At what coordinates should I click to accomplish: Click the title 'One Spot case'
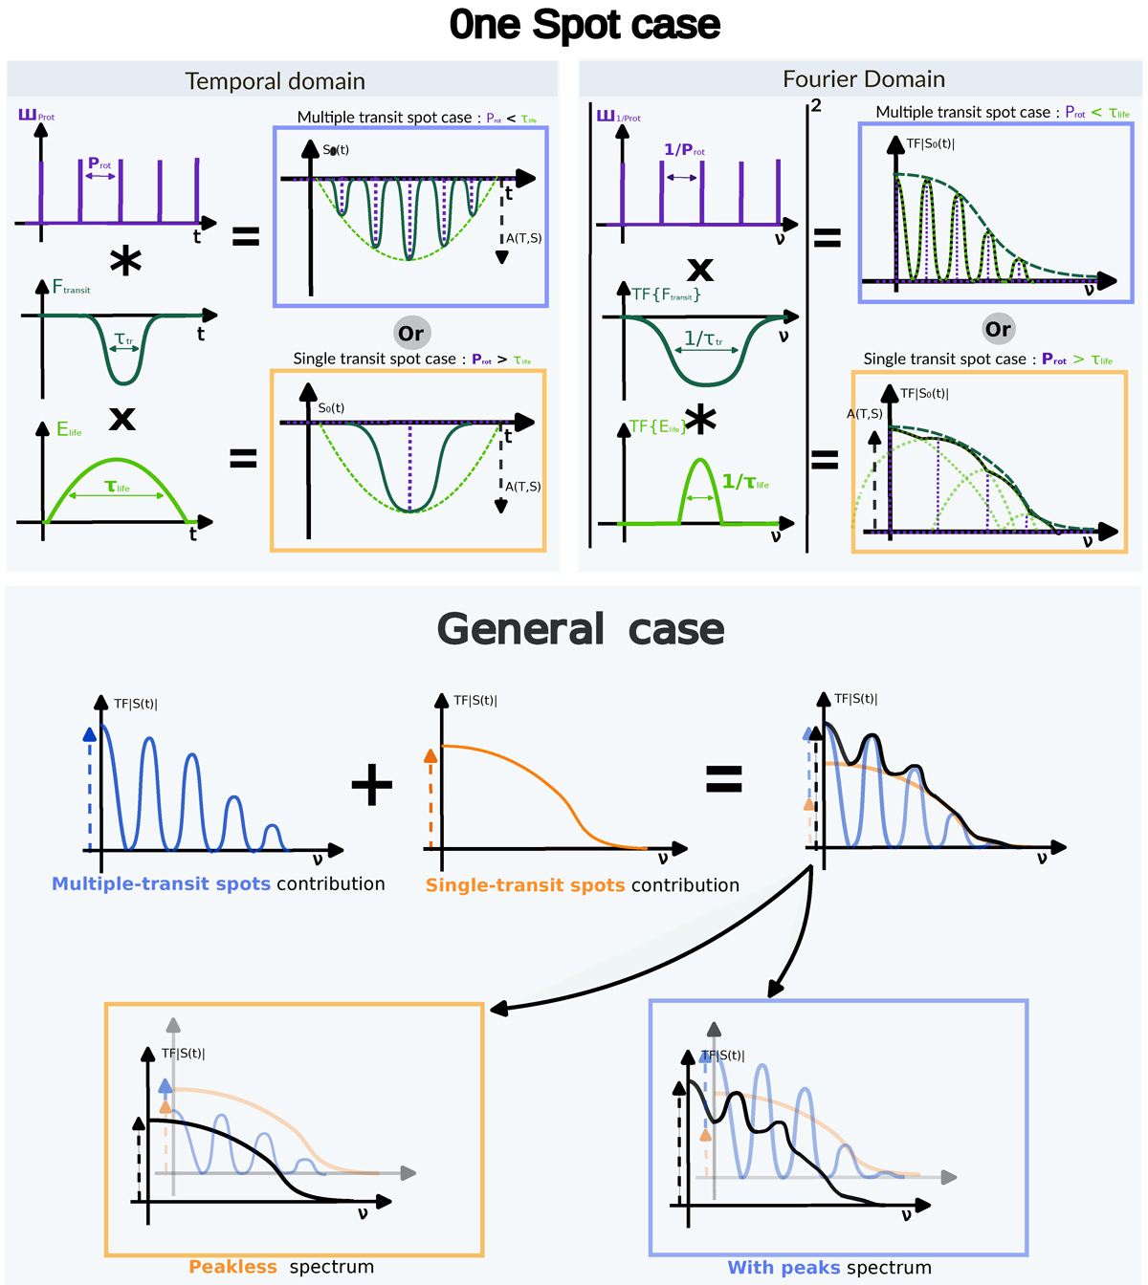[x=585, y=25]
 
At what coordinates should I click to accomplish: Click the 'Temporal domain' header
[x=276, y=81]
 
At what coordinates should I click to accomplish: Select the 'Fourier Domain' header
[x=864, y=79]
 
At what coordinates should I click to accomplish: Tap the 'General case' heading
[x=581, y=629]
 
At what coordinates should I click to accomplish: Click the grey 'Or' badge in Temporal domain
[x=411, y=334]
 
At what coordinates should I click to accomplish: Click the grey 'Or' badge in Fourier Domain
[x=998, y=330]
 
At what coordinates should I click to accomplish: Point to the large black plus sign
[x=372, y=785]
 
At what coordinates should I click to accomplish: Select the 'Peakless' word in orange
[x=232, y=1267]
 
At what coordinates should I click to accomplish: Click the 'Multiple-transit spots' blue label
[x=162, y=884]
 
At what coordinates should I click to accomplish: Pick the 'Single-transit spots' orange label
[x=525, y=885]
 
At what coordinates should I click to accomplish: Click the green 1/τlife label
[x=745, y=482]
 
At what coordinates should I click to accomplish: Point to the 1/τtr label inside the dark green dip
[x=704, y=338]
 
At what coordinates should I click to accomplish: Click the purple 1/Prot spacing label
[x=684, y=150]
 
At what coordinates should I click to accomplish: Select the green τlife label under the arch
[x=118, y=487]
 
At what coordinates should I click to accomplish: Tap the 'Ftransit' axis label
[x=71, y=287]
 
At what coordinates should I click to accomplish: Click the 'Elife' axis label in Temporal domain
[x=69, y=430]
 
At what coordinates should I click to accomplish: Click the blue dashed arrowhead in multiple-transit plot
[x=90, y=734]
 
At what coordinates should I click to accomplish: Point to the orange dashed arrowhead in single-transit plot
[x=430, y=756]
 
